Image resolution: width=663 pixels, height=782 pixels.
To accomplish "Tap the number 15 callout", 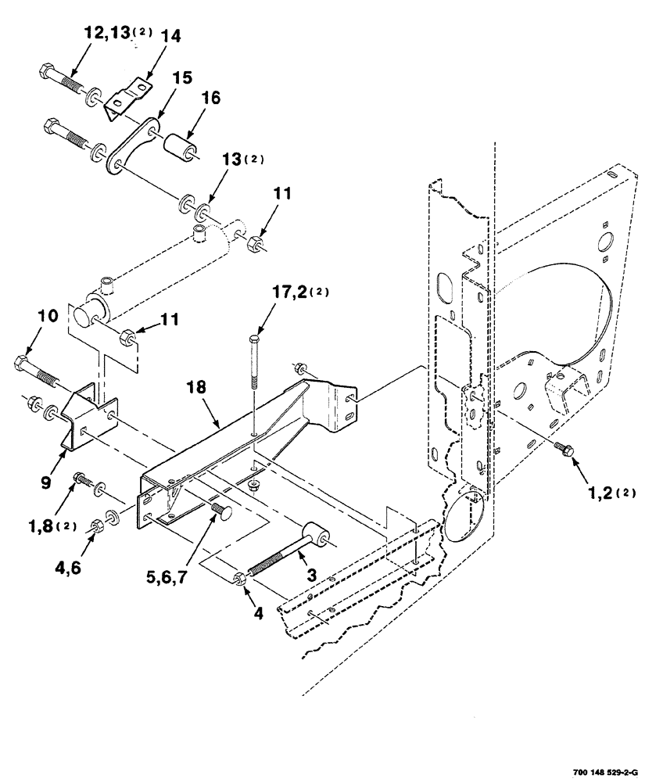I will pyautogui.click(x=181, y=79).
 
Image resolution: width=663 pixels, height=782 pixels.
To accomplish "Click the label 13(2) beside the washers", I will pyautogui.click(x=243, y=160).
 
